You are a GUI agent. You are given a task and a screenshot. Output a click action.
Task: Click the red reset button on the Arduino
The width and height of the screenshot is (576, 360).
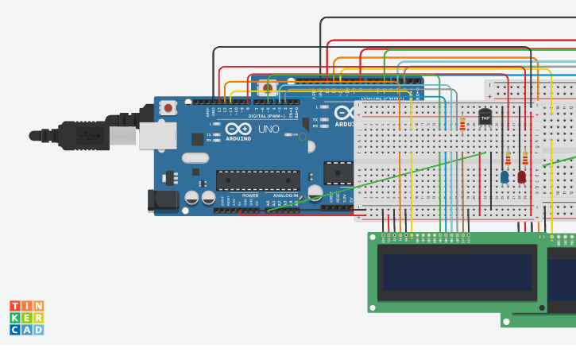pyautogui.click(x=168, y=107)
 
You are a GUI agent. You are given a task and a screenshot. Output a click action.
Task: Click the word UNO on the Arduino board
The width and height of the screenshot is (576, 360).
pyautogui.click(x=269, y=129)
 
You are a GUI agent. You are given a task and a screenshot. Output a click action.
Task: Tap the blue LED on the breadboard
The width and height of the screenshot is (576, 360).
pyautogui.click(x=504, y=176)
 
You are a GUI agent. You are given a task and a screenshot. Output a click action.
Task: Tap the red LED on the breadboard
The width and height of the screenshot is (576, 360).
pyautogui.click(x=522, y=176)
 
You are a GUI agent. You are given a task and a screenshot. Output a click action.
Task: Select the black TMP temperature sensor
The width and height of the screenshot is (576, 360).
pyautogui.click(x=485, y=117)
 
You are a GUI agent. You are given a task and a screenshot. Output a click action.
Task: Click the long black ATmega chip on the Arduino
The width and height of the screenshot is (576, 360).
pyautogui.click(x=257, y=180)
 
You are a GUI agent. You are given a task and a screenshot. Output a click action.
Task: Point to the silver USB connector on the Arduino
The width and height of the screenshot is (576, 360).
pyautogui.click(x=157, y=136)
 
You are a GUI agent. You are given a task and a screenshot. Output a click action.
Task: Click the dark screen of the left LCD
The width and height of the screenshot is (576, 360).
pyautogui.click(x=457, y=272)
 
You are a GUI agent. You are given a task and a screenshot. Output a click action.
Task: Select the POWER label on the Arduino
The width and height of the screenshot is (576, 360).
pyautogui.click(x=250, y=195)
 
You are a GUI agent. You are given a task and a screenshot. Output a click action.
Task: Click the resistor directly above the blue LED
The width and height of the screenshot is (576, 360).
pyautogui.click(x=507, y=157)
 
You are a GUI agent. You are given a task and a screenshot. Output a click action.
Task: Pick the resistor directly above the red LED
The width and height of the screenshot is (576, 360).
pyautogui.click(x=524, y=157)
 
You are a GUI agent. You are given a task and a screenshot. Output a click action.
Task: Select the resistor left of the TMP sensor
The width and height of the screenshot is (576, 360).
pyautogui.click(x=462, y=123)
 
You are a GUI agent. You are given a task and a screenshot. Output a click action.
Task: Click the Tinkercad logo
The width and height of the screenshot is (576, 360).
pyautogui.click(x=26, y=318)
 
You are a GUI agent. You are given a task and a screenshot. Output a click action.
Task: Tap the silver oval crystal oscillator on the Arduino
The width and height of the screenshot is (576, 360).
pyautogui.click(x=195, y=157)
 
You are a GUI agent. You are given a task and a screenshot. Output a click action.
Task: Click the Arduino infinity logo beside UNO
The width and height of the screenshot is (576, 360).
pyautogui.click(x=238, y=130)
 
